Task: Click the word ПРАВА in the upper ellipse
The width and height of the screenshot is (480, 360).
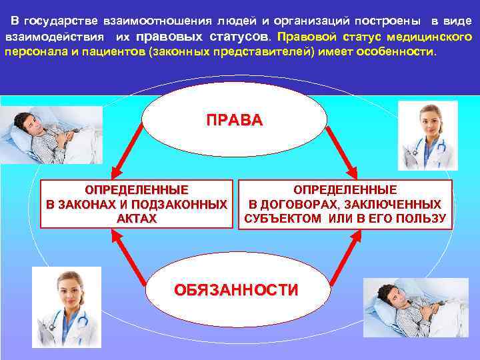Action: point(235,121)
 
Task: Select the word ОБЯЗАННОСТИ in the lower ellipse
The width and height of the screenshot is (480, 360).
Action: point(236,290)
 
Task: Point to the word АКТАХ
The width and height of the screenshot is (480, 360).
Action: point(136,218)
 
